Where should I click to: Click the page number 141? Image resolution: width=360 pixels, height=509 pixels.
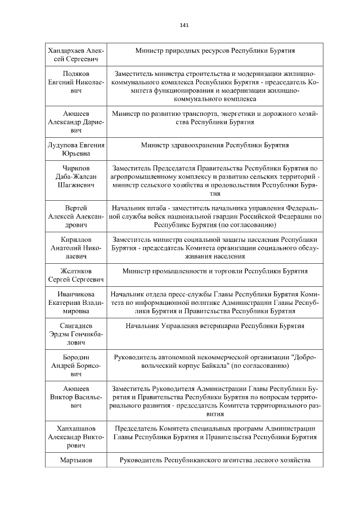tap(184, 25)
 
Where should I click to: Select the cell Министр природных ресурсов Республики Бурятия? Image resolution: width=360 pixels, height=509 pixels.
tap(215, 51)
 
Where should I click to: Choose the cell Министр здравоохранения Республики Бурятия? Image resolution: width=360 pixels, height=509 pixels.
tap(215, 145)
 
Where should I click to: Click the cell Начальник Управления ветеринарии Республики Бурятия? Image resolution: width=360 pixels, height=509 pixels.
tap(215, 326)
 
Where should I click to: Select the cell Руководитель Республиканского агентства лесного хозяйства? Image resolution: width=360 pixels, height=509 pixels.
tap(215, 461)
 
